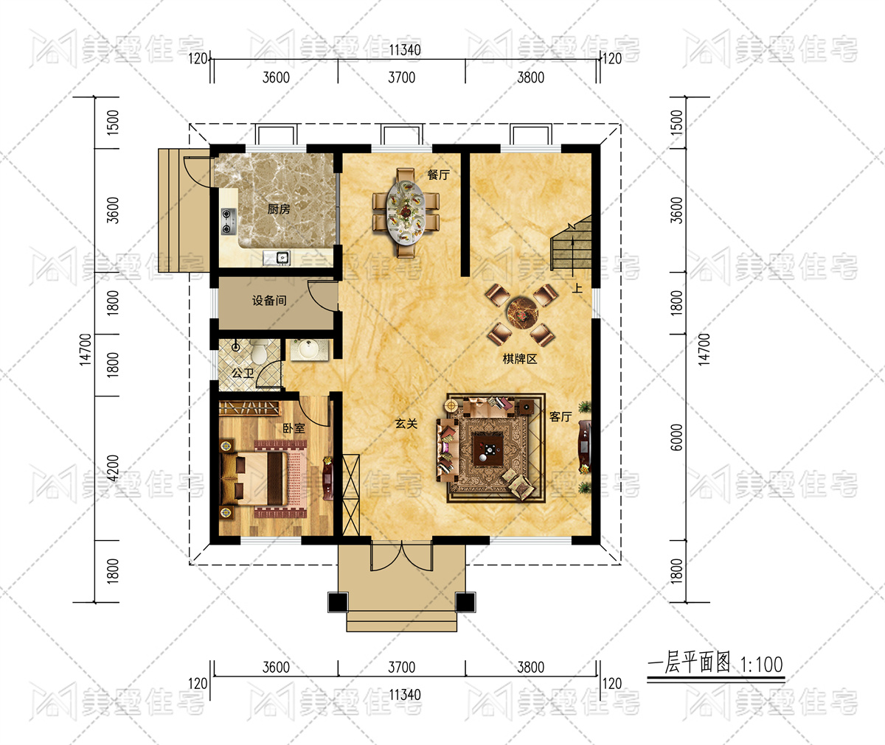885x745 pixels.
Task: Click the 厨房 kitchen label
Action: click(x=279, y=209)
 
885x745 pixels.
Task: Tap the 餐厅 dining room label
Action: click(x=438, y=175)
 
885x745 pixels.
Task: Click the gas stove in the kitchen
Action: click(x=229, y=221)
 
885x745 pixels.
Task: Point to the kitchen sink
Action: click(x=277, y=257)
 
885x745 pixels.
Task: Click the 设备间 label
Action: click(x=269, y=301)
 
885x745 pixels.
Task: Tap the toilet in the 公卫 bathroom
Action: click(x=258, y=351)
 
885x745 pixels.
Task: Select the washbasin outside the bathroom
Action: click(x=310, y=350)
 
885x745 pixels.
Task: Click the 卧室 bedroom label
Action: click(x=294, y=428)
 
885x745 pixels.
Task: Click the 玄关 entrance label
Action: click(x=406, y=424)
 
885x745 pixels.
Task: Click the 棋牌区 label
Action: click(x=520, y=359)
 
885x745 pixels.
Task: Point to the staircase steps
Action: click(x=572, y=244)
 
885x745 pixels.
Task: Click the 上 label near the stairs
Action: click(x=577, y=288)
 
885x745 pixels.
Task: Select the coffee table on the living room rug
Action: click(x=488, y=450)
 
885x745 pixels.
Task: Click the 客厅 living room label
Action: click(x=560, y=417)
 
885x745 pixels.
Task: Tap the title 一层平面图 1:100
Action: click(x=715, y=663)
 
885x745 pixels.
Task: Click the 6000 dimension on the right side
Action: click(x=677, y=437)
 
